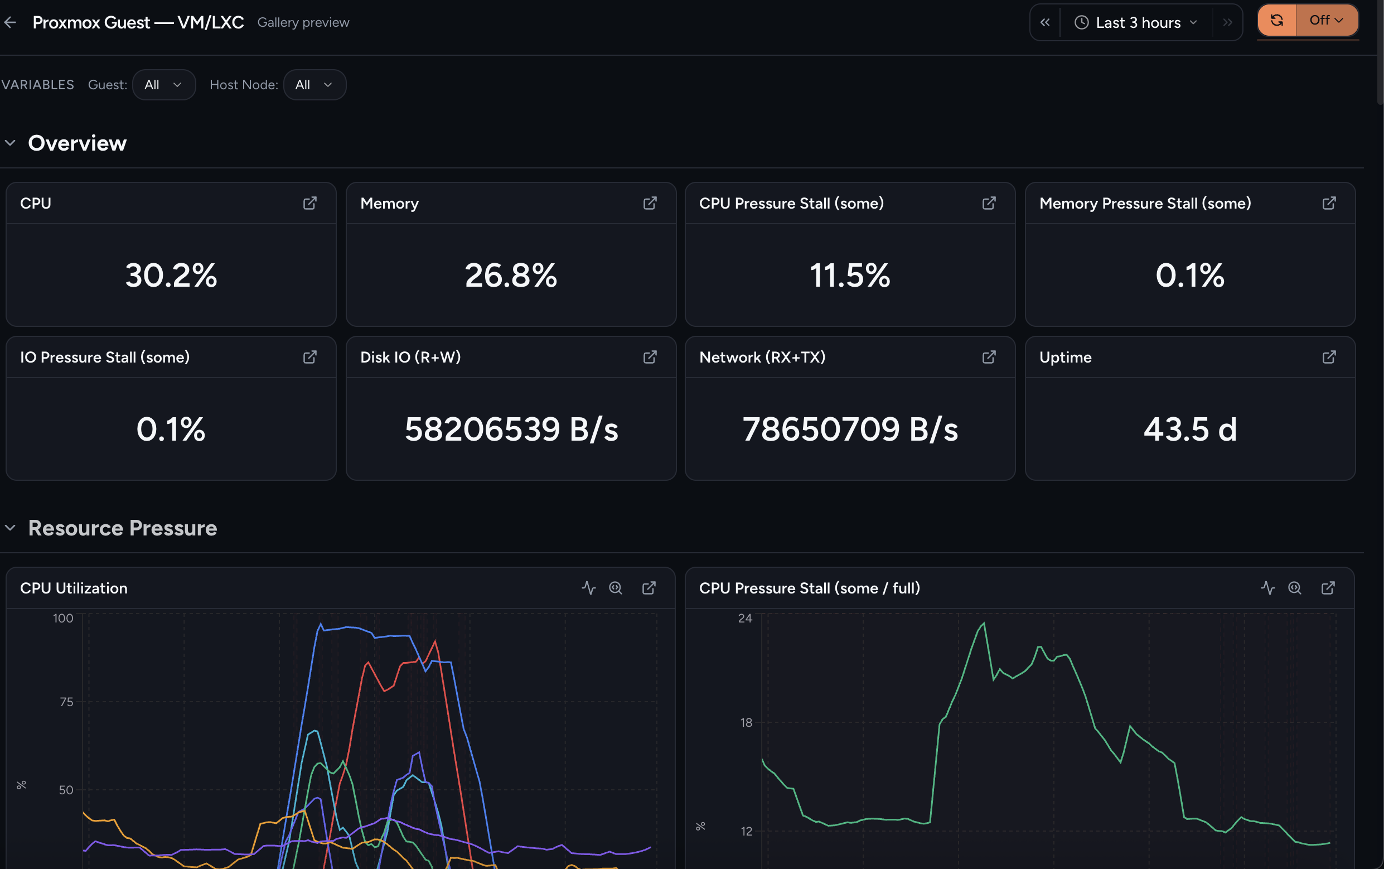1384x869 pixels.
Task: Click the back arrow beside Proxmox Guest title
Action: coord(11,22)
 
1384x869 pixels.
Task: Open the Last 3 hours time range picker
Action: coord(1136,22)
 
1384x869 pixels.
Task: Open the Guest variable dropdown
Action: coord(164,84)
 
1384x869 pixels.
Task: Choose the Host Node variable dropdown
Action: coord(314,84)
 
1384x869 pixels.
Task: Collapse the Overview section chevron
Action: coord(11,143)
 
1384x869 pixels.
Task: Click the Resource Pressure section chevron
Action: coord(11,528)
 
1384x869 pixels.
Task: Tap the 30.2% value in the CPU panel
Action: coord(171,275)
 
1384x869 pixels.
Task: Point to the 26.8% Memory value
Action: coord(511,275)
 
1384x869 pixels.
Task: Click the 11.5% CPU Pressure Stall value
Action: coord(850,275)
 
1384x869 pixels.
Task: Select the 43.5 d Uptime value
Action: coord(1190,429)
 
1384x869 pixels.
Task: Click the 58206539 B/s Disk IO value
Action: coord(511,429)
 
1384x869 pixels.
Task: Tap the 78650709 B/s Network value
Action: coord(850,429)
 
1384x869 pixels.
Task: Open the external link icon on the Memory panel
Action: coord(650,203)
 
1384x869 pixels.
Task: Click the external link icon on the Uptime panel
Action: coord(1329,357)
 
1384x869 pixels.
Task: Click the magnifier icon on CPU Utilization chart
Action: coord(615,588)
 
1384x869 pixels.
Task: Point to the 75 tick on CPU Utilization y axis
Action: coord(67,702)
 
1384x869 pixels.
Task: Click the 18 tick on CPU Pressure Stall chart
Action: coord(746,722)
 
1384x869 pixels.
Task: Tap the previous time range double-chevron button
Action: coord(1045,22)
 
